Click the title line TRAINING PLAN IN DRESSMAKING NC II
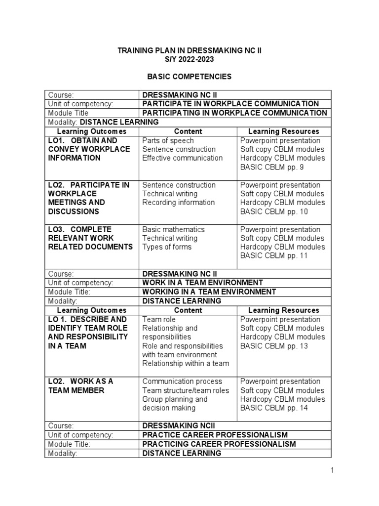(189, 50)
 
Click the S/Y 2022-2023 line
(189, 59)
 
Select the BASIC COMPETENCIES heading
(189, 77)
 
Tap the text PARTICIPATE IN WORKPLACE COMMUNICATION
(230, 104)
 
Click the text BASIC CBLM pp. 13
(274, 346)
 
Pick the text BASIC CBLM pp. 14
(274, 408)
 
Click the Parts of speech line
(168, 140)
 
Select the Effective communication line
(182, 158)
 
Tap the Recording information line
(178, 203)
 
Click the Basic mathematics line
(173, 229)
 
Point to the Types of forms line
(167, 247)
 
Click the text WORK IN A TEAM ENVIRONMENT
(202, 283)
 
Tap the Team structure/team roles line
(186, 390)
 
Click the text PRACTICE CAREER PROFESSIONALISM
(215, 435)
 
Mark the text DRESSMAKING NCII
(179, 426)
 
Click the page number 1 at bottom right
(333, 471)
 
